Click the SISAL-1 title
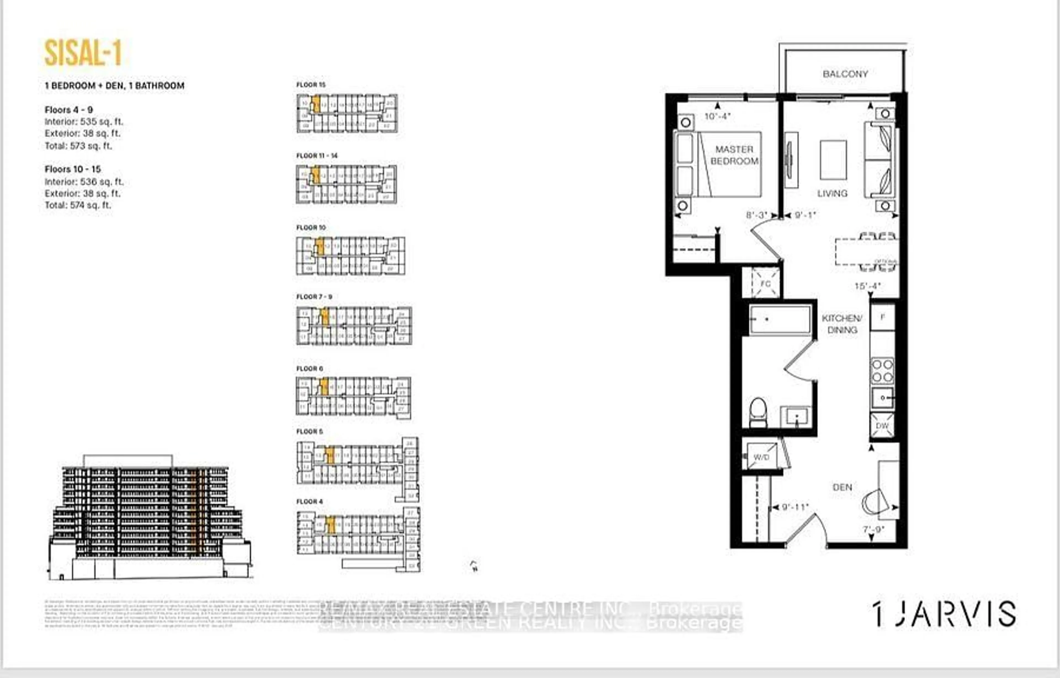point(83,53)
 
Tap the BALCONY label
point(845,74)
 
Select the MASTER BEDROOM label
point(734,155)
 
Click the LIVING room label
point(832,193)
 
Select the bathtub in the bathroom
point(780,319)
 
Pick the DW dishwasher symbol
point(882,426)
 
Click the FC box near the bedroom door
point(765,284)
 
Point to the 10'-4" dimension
point(717,116)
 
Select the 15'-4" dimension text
point(867,286)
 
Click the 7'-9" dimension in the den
point(873,530)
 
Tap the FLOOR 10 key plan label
point(311,228)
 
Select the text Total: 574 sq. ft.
point(78,205)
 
